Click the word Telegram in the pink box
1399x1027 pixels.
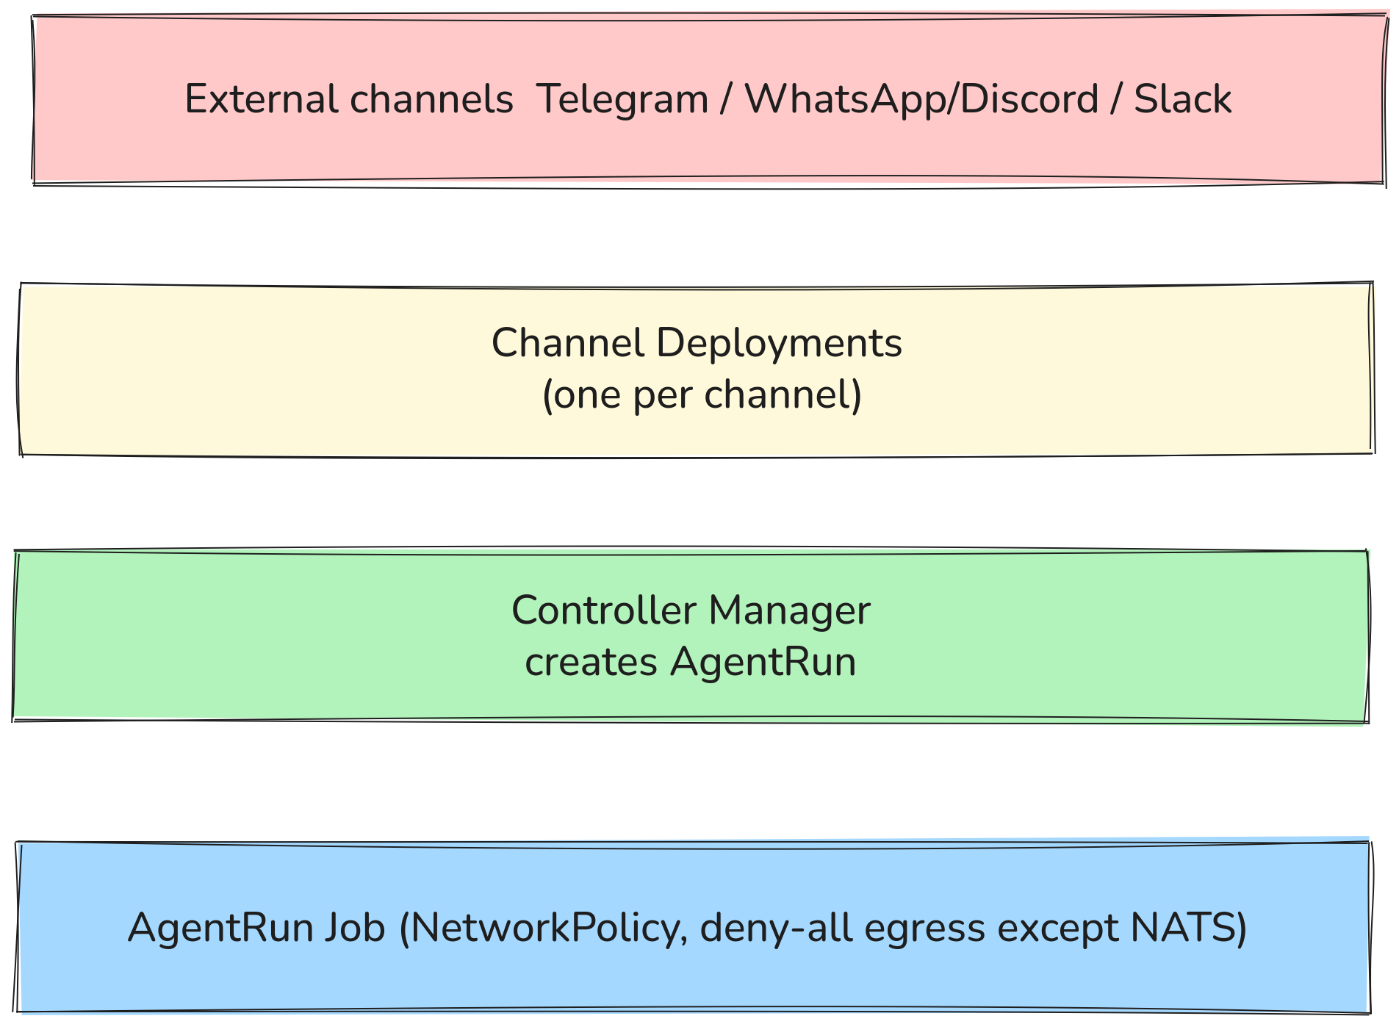pos(622,99)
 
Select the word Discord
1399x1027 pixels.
pos(1029,99)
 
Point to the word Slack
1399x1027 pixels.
pos(1182,99)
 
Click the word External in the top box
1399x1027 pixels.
pos(261,99)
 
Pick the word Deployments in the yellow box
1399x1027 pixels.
pos(779,344)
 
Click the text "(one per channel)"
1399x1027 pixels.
pos(701,395)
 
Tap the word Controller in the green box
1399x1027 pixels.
pos(603,610)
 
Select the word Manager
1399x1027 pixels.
pos(789,610)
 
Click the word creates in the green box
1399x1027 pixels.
pos(591,662)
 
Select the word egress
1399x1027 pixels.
pos(924,927)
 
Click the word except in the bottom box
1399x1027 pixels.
pos(1058,927)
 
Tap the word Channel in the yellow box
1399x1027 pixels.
pos(567,344)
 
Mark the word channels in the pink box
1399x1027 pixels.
pos(431,99)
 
